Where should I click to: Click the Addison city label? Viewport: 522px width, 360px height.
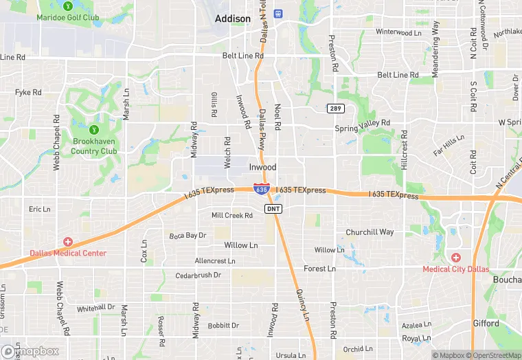pos(232,19)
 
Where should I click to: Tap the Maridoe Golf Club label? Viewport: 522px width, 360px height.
pos(67,16)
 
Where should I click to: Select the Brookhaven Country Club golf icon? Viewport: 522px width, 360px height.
pos(94,129)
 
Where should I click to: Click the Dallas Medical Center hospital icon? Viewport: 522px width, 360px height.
pos(68,242)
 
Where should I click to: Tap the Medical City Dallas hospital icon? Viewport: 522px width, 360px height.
pos(456,257)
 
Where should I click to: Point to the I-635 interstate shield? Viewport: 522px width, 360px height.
pos(260,188)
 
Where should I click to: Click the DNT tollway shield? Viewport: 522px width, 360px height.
pos(273,207)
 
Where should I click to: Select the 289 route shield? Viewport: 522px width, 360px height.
pos(334,109)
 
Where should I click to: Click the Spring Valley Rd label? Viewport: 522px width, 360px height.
pos(362,126)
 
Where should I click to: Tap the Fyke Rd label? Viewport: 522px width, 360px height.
pos(28,92)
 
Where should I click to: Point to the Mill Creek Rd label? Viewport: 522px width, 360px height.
pos(232,215)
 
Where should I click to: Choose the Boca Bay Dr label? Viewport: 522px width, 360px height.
pos(188,235)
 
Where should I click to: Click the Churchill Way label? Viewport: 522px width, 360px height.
pos(370,232)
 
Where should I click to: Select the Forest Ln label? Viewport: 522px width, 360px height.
pos(319,269)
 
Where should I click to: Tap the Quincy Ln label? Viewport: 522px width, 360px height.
pos(302,302)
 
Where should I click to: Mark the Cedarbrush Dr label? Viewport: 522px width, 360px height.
pos(198,275)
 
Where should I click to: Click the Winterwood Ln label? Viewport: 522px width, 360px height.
pos(398,32)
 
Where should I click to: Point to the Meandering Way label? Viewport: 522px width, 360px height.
pos(435,48)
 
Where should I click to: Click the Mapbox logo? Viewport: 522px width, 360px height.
pos(30,351)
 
